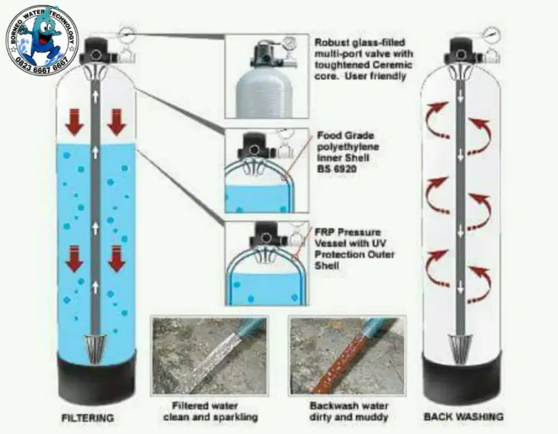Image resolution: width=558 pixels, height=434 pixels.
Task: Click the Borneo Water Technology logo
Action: pos(42,40)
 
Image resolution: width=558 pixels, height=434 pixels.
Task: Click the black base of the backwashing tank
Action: pos(461,378)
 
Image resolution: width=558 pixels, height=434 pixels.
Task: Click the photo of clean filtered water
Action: pos(209,355)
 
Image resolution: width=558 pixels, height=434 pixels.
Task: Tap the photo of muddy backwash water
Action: pos(347,355)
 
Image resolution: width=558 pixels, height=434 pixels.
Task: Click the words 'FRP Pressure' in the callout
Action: pos(348,232)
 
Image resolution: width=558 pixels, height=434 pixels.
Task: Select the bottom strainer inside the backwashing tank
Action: pos(460,346)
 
